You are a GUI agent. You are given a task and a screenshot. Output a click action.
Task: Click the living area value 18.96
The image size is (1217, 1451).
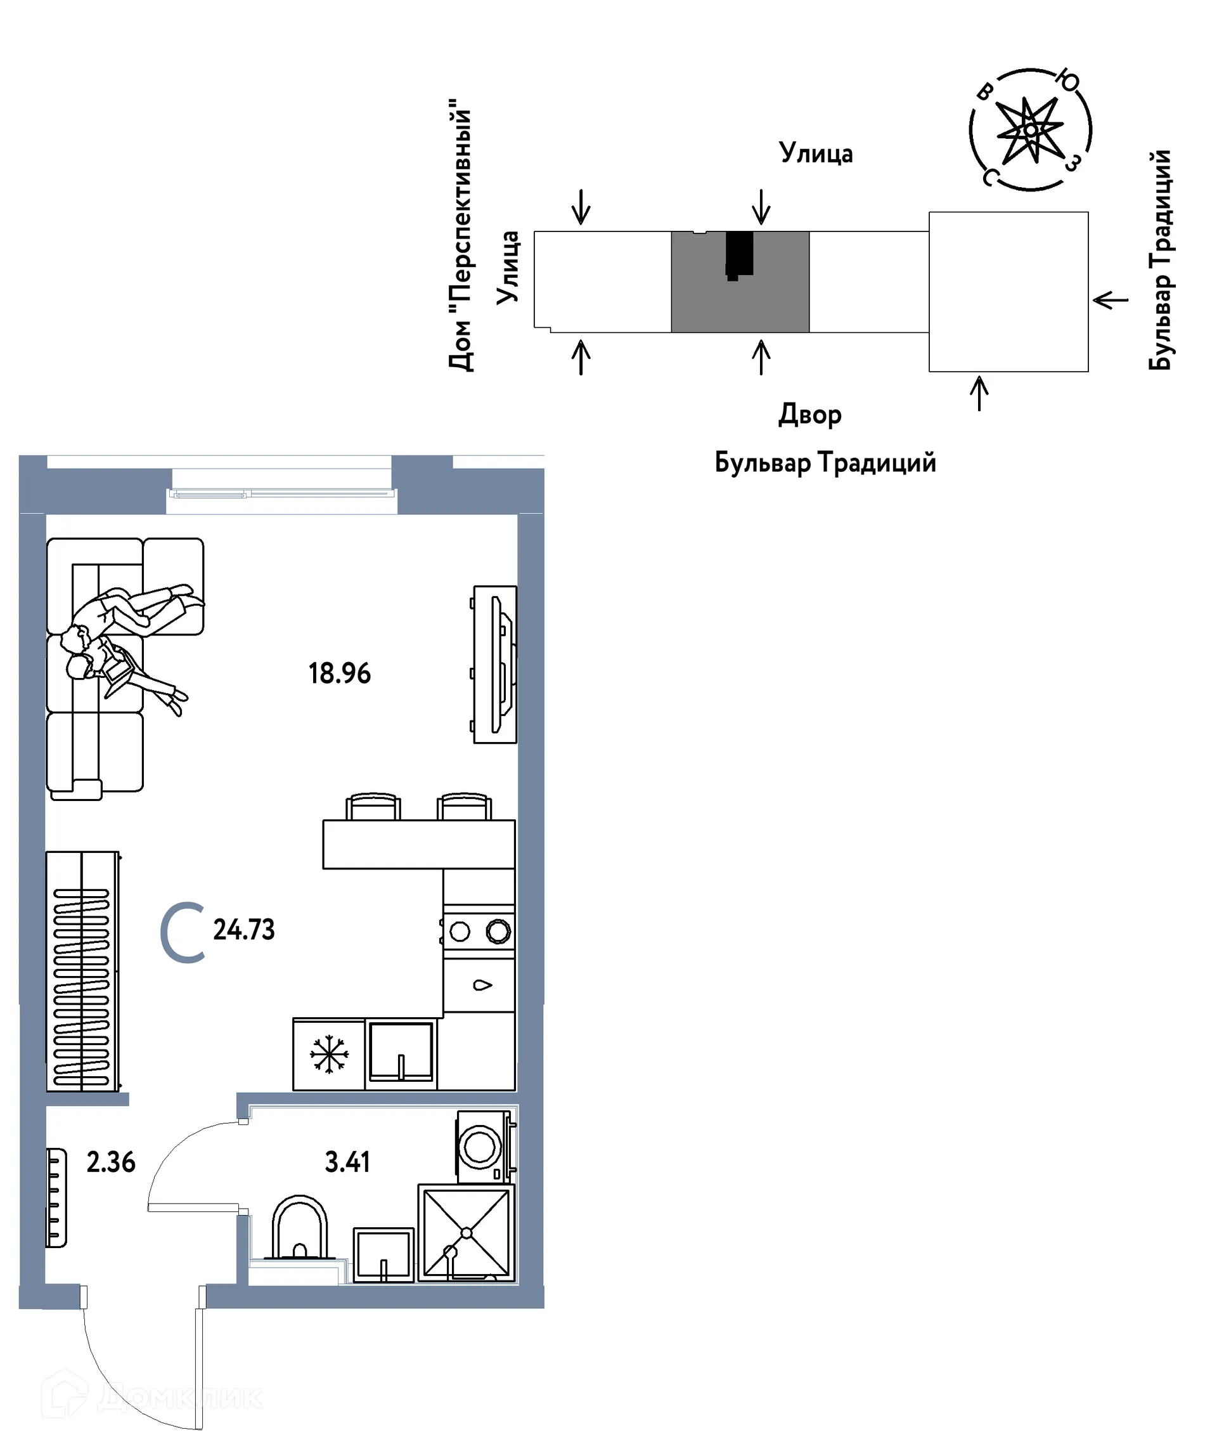[339, 673]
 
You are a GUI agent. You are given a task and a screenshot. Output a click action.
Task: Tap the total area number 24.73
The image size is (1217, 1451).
[244, 930]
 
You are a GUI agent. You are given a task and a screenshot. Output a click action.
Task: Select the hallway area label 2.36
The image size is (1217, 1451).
[110, 1163]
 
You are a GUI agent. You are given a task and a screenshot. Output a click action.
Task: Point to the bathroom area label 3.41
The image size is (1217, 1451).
[347, 1162]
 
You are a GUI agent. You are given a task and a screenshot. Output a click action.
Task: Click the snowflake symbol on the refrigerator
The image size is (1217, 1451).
[330, 1055]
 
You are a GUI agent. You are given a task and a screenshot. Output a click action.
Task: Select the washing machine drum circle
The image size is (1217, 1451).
[480, 1148]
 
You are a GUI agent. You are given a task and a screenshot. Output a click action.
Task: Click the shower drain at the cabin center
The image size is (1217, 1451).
[467, 1233]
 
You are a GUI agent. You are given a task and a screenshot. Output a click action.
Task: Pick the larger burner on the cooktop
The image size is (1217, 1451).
[498, 932]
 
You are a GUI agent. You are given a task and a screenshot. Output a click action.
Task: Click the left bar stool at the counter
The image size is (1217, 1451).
[373, 806]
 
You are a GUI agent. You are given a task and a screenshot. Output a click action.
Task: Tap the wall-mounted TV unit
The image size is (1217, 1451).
[494, 665]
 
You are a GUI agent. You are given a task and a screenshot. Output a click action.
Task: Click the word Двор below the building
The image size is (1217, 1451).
[810, 415]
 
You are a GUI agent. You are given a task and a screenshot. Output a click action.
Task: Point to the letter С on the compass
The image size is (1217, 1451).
[989, 178]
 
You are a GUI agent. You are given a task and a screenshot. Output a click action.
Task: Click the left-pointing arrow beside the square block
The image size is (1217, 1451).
[1111, 301]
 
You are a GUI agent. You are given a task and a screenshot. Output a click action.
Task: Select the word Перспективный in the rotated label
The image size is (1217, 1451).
[460, 207]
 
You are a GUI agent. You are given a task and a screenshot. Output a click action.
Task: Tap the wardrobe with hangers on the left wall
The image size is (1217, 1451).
[83, 972]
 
